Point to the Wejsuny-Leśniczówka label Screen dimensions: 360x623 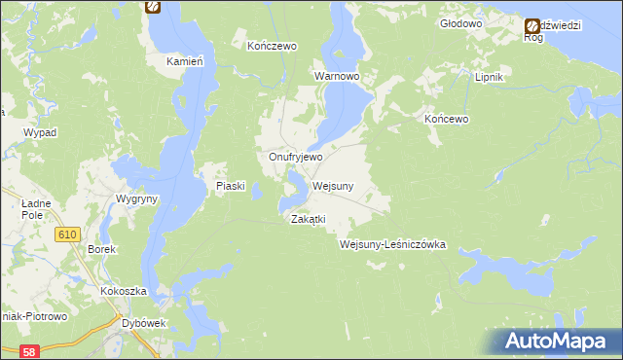tap(392, 245)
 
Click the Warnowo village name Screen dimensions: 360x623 tap(337, 75)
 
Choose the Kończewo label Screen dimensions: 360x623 tap(272, 46)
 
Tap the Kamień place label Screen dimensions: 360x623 tap(183, 60)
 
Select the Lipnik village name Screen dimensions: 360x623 tap(487, 77)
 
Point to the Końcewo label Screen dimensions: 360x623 tap(447, 119)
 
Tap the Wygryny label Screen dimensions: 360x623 tap(137, 198)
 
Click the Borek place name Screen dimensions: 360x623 tap(102, 250)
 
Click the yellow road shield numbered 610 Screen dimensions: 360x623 tap(67, 234)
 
